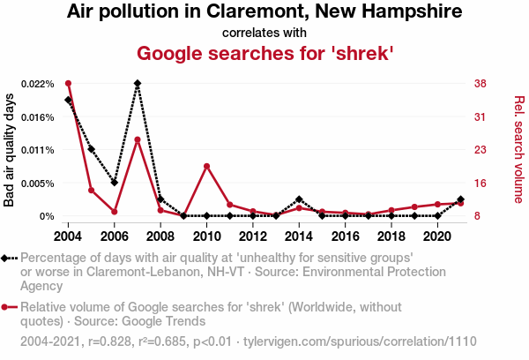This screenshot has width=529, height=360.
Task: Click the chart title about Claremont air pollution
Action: pos(264,13)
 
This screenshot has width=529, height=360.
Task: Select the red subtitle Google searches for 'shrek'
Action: pos(264,53)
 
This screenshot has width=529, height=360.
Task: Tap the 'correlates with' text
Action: pos(264,34)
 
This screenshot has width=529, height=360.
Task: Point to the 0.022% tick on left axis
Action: pos(39,84)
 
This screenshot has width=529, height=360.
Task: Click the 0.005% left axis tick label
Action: pos(39,184)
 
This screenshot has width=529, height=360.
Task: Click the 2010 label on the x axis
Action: pos(206,236)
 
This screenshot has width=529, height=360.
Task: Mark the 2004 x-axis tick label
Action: pos(68,236)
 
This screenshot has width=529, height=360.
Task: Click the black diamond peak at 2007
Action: pos(138,84)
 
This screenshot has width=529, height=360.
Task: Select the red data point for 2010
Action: pos(206,166)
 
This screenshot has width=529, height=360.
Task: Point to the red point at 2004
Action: pos(68,84)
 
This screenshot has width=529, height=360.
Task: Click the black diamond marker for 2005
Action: pos(92,150)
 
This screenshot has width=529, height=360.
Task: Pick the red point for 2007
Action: pos(138,139)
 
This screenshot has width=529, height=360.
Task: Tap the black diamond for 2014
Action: pos(299,199)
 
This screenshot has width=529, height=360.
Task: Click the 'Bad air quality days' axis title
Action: pos(10,150)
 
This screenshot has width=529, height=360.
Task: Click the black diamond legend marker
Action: pos(7,258)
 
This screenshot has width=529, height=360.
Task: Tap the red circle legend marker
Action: pos(7,307)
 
